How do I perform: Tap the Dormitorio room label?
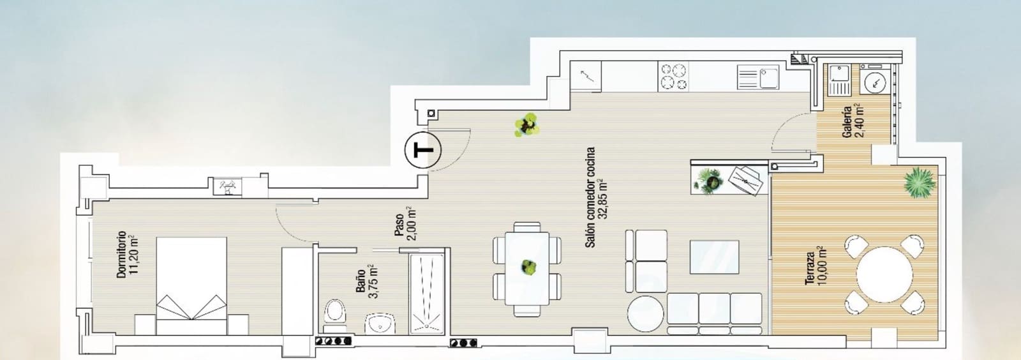pyautogui.click(x=121, y=255)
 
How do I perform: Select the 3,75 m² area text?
pyautogui.click(x=373, y=281)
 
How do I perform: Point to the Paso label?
pyautogui.click(x=399, y=225)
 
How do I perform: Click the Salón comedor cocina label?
pyautogui.click(x=590, y=198)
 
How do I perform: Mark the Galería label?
pyautogui.click(x=847, y=121)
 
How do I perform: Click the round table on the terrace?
pyautogui.click(x=884, y=275)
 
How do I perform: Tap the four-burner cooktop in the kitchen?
pyautogui.click(x=674, y=76)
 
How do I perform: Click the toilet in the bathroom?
pyautogui.click(x=334, y=313)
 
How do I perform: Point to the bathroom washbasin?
pyautogui.click(x=381, y=324)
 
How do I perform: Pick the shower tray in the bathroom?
pyautogui.click(x=426, y=294)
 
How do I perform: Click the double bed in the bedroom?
pyautogui.click(x=191, y=286)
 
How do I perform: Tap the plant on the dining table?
pyautogui.click(x=528, y=267)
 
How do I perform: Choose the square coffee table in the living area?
pyautogui.click(x=714, y=257)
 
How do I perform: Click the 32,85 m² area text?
pyautogui.click(x=603, y=199)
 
